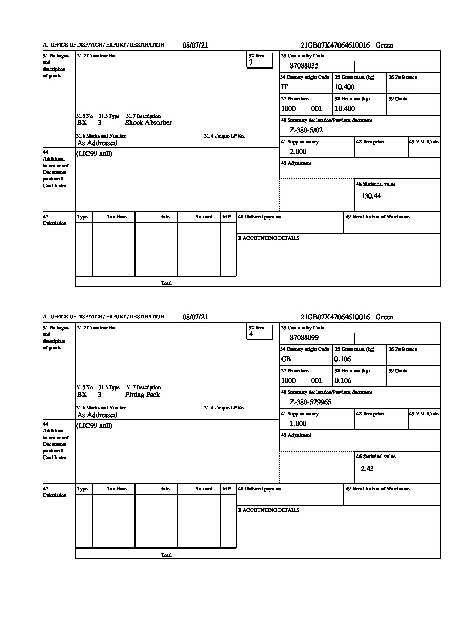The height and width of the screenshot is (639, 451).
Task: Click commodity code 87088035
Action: tap(304, 66)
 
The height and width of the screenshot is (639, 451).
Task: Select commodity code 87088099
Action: tap(304, 338)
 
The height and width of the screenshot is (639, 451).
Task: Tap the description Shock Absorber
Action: tap(148, 123)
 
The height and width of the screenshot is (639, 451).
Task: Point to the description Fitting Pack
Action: tap(143, 395)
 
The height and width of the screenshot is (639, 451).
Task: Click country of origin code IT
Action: tap(285, 87)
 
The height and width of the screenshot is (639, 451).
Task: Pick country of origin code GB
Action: tap(286, 359)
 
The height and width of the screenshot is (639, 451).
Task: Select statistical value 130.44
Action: tap(371, 196)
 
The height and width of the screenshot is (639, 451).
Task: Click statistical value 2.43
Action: tap(367, 468)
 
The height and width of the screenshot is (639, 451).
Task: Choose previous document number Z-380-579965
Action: tap(310, 402)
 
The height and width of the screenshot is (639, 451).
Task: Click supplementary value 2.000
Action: tap(298, 152)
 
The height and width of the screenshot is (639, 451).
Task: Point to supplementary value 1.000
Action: tap(298, 424)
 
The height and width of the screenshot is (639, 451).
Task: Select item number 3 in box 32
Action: tap(251, 62)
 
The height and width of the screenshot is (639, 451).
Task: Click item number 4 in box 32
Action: tap(251, 334)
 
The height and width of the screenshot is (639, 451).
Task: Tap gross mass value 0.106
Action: tap(343, 359)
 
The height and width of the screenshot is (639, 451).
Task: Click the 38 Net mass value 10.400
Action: tap(344, 109)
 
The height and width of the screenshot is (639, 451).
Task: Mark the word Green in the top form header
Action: tap(385, 45)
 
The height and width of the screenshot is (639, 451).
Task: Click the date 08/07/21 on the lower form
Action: tap(195, 317)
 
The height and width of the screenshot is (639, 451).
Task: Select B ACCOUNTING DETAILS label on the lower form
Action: tap(268, 510)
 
